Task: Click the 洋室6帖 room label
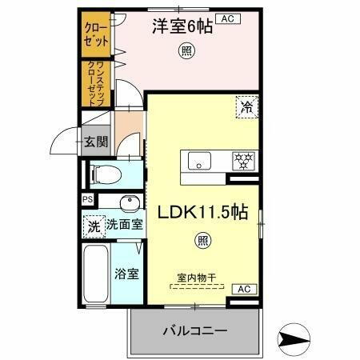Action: click(182, 26)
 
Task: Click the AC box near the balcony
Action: click(242, 289)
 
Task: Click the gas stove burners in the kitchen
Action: click(242, 159)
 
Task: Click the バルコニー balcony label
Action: click(196, 330)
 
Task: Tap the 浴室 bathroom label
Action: click(127, 274)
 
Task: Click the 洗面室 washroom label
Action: click(126, 225)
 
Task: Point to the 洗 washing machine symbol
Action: click(94, 226)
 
